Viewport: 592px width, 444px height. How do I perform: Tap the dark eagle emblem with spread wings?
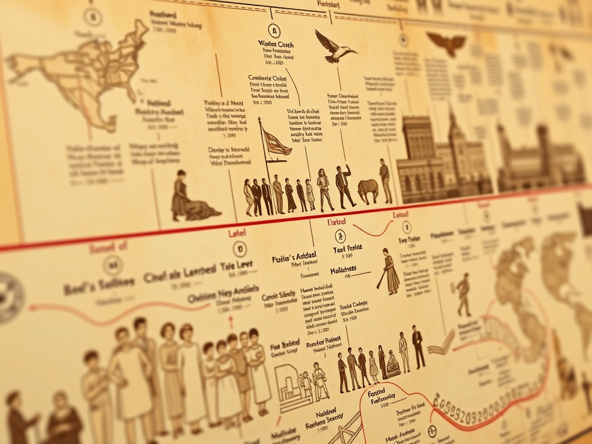click(x=446, y=43)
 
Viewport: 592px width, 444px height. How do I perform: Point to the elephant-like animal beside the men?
click(x=368, y=190)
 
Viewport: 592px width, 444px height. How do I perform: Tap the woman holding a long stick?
click(x=391, y=271)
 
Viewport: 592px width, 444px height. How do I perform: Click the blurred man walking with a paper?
click(x=463, y=295)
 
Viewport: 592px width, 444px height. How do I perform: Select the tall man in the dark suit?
click(x=417, y=347)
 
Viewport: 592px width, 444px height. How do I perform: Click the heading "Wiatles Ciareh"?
click(x=275, y=45)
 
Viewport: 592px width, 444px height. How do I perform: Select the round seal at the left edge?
click(x=9, y=298)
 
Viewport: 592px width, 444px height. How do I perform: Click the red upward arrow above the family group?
click(x=231, y=320)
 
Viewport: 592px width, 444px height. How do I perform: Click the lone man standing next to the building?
click(x=385, y=181)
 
